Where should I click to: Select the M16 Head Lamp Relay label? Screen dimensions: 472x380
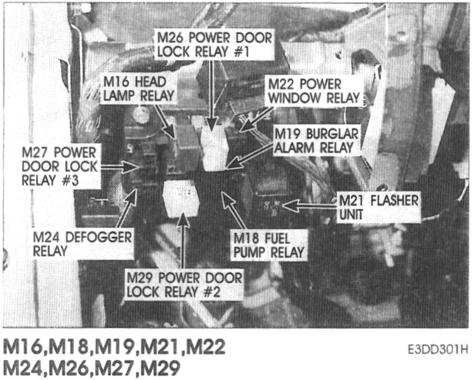click(x=138, y=88)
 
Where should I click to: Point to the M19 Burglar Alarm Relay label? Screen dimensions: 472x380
click(x=316, y=140)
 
